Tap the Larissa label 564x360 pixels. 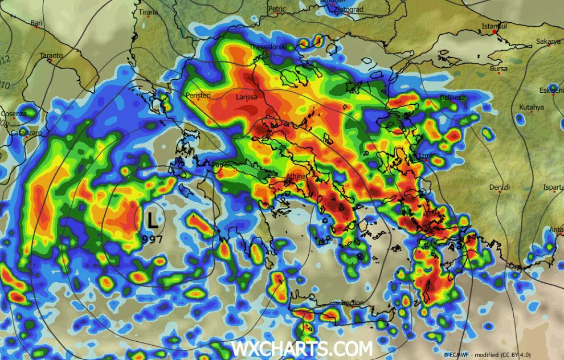pos(247,97)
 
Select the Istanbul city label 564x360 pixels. pos(494,26)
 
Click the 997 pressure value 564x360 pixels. pos(153,239)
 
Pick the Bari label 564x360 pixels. pos(36,23)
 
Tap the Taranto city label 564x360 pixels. pos(51,55)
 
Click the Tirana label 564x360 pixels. pos(148,12)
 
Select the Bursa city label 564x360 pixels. pos(498,69)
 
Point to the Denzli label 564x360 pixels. pos(499,187)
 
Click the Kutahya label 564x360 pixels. pos(531,107)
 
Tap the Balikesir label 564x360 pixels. pos(453,97)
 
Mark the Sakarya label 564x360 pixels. pos(548,42)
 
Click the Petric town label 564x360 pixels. pos(277,9)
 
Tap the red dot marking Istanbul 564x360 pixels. pos(495,32)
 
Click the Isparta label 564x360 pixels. pos(553,187)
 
